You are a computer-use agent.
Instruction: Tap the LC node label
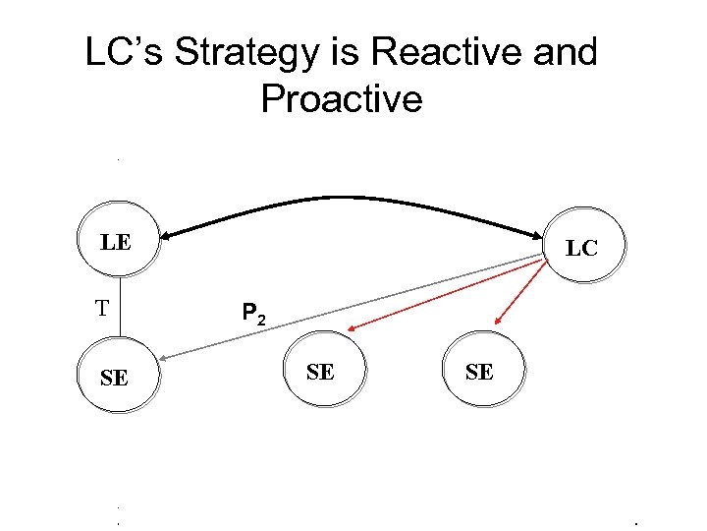coord(581,249)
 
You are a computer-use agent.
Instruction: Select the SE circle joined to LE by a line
coord(116,378)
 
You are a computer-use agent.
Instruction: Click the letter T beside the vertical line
coord(101,309)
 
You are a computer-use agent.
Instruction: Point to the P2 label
coord(252,315)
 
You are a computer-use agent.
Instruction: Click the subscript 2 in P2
coord(260,320)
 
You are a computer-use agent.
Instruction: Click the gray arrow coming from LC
coord(353,305)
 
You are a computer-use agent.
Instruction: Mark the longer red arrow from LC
coord(442,294)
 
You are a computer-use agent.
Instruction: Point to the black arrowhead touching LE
coord(169,235)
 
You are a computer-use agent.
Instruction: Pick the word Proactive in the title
coord(342,99)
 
